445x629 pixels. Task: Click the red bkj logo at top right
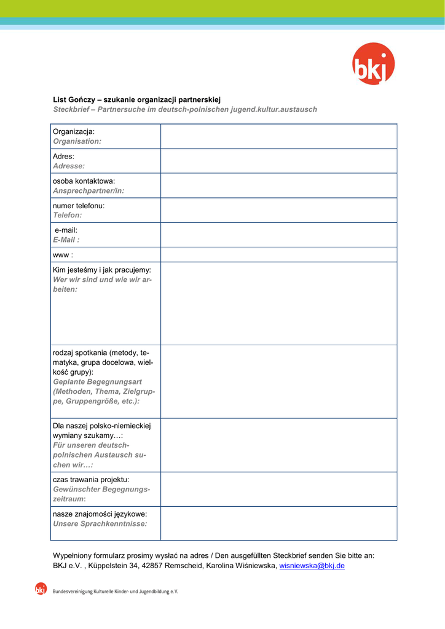click(373, 64)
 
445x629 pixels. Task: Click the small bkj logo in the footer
click(41, 589)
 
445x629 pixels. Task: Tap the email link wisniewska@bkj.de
click(312, 566)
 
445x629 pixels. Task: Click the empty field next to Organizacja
click(278, 136)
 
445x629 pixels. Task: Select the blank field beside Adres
click(278, 161)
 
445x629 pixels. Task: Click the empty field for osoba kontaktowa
click(278, 186)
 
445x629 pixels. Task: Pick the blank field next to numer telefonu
click(278, 210)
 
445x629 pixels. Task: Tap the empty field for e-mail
click(278, 235)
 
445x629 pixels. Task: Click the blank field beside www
click(278, 254)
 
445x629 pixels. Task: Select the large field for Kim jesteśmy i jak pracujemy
click(278, 303)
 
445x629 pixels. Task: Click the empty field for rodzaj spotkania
click(278, 381)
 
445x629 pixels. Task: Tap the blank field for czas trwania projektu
click(278, 489)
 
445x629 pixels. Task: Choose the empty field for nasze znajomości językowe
click(278, 523)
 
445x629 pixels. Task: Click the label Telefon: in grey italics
click(67, 216)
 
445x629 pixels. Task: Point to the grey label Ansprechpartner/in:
click(89, 191)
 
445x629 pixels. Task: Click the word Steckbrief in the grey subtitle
click(73, 109)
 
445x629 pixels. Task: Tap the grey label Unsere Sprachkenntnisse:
click(100, 524)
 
